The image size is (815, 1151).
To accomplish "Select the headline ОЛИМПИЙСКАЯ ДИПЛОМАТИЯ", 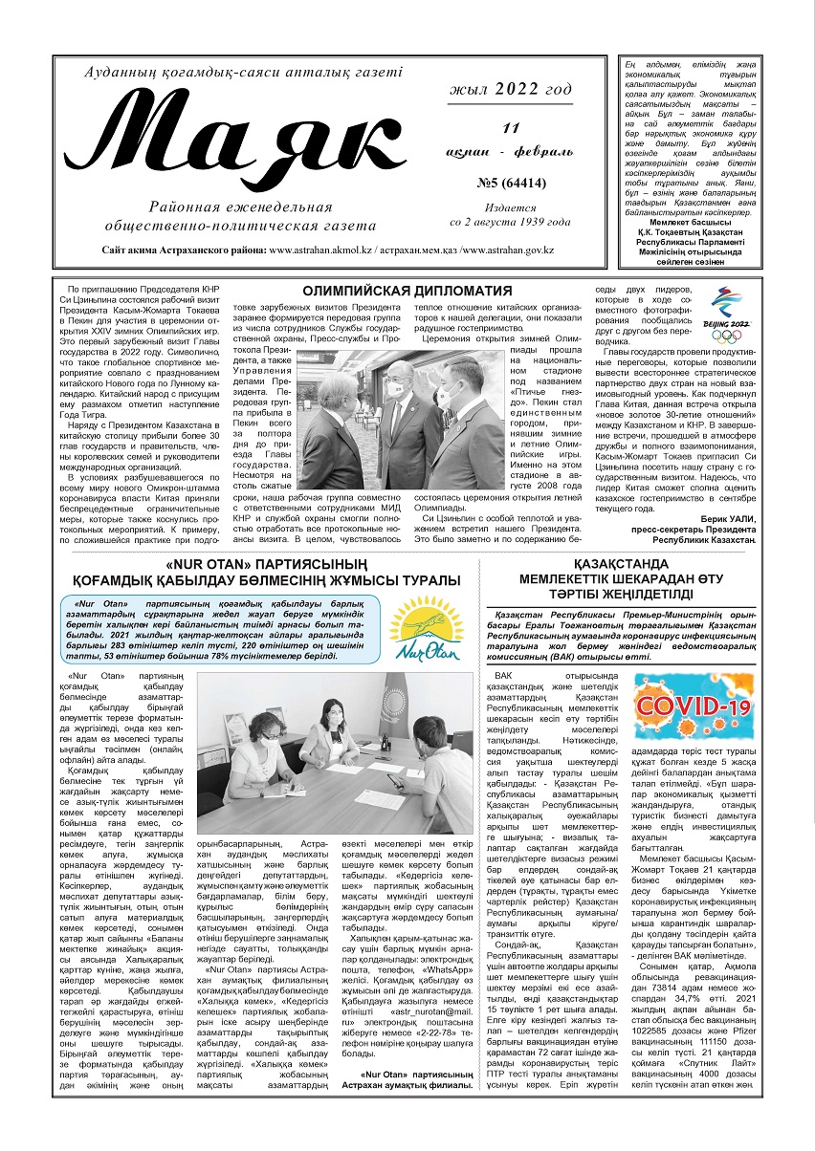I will [x=407, y=291].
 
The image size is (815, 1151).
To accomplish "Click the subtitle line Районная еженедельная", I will [x=241, y=206].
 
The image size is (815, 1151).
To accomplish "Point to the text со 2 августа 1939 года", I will [x=510, y=222].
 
